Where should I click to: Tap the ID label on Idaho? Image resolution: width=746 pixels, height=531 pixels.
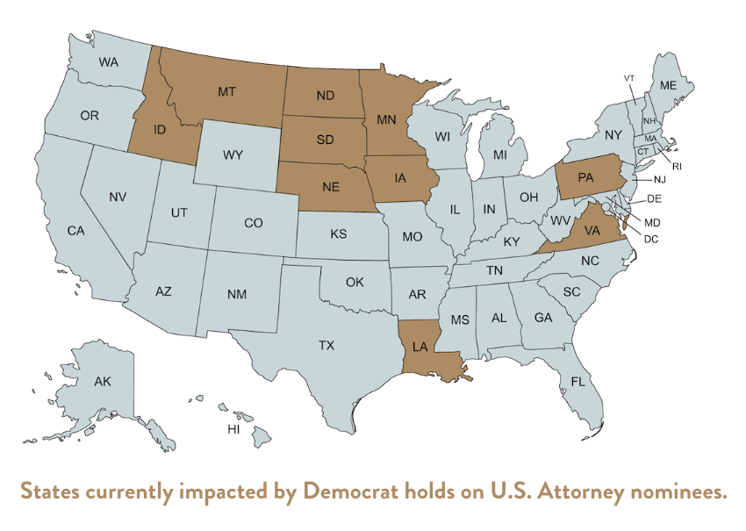160,129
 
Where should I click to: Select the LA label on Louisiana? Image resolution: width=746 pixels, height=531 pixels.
420,347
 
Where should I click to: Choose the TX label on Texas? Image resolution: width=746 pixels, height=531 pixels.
326,346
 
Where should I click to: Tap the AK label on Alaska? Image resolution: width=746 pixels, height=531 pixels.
103,382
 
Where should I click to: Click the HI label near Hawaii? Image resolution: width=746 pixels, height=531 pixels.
233,429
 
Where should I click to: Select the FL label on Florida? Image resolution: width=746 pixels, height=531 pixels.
577,382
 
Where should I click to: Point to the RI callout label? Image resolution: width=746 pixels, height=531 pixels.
677,165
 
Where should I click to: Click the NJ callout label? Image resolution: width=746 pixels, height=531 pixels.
659,179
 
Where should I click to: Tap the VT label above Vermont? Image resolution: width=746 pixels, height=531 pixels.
628,78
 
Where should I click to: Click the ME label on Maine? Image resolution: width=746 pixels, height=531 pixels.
668,85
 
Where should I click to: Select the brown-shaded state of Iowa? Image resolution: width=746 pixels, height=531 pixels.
402,179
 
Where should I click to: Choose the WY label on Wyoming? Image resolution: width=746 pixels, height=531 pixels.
233,154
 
